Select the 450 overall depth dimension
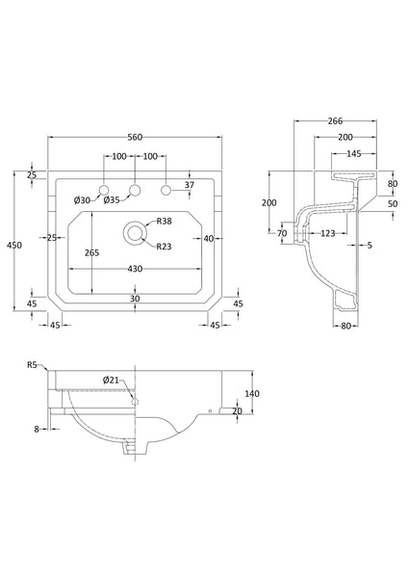(x=13, y=246)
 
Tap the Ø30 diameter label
(x=82, y=199)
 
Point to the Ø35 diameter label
(x=113, y=199)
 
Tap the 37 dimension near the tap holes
(x=189, y=185)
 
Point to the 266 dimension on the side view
(x=336, y=121)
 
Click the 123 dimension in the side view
(x=328, y=234)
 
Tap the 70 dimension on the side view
(x=282, y=233)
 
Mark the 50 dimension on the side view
(x=393, y=203)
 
